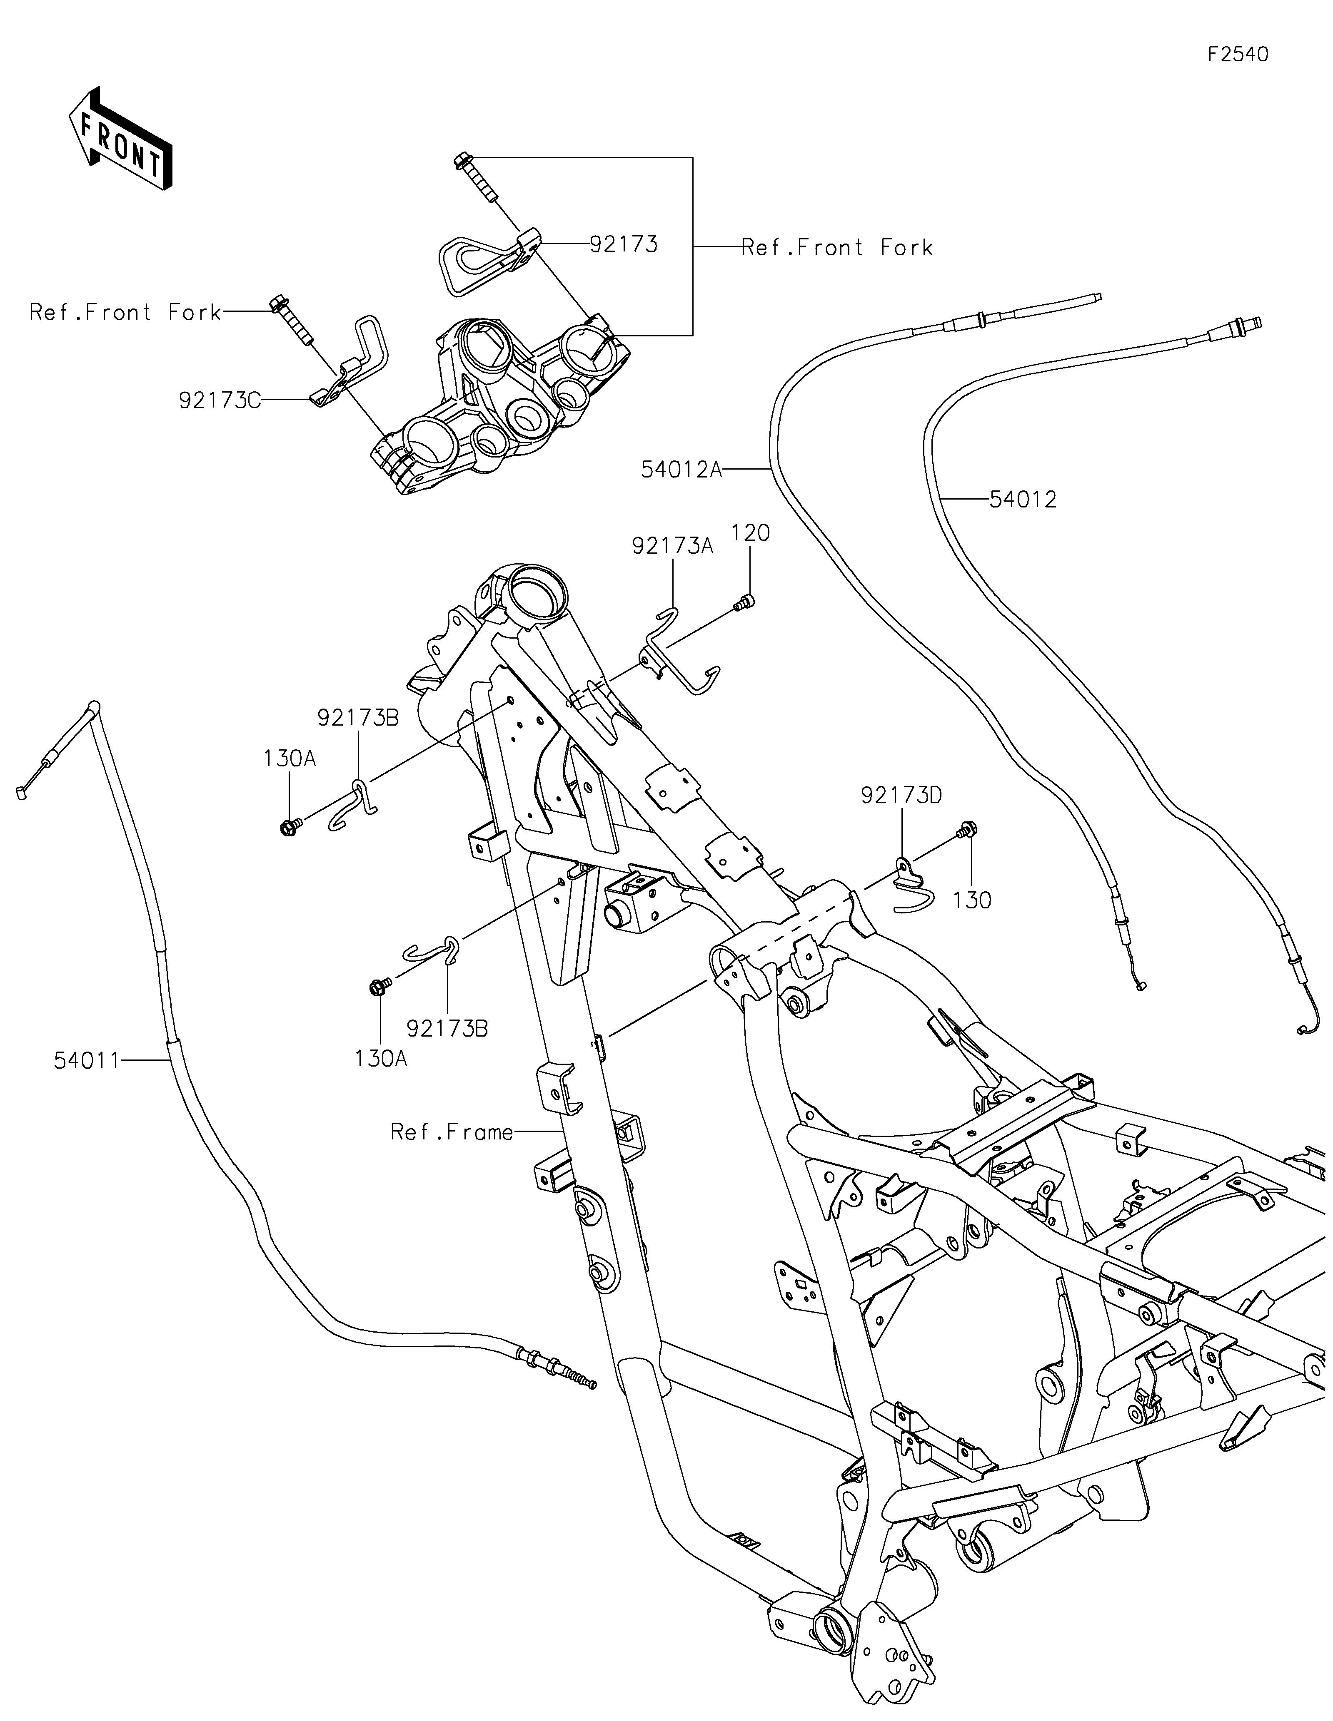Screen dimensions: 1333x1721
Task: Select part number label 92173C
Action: [219, 400]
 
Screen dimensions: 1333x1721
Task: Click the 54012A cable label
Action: [681, 470]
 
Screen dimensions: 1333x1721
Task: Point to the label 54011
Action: [87, 1062]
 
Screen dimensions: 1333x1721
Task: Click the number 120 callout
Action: [751, 533]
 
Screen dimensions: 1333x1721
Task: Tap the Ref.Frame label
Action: [452, 1132]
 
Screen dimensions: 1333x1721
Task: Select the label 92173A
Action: [672, 546]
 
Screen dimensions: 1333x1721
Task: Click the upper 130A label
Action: [290, 759]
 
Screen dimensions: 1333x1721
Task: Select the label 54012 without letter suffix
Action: [1023, 500]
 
